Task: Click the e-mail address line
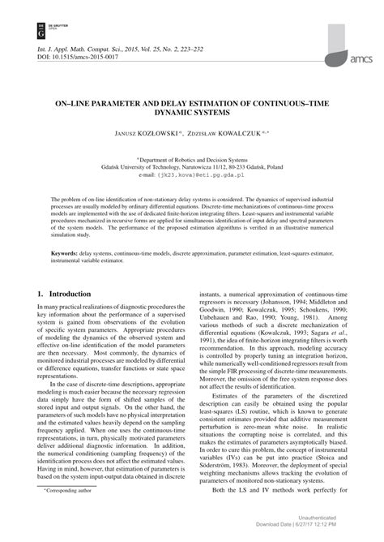pyautogui.click(x=191, y=174)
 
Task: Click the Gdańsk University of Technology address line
pyautogui.click(x=192, y=167)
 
